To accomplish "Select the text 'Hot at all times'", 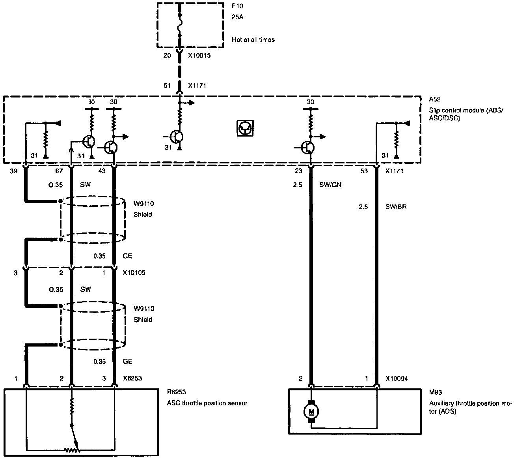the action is [253, 39].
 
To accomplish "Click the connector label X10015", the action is [199, 56].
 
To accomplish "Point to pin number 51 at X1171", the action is [168, 86].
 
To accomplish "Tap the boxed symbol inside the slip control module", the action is [245, 128].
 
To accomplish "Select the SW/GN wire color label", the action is [330, 184].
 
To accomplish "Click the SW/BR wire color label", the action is [396, 206].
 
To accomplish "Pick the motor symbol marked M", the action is [311, 412].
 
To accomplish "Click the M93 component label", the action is [436, 392].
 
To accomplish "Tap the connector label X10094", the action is [396, 379].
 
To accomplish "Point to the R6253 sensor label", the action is [176, 392].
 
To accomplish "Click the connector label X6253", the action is [132, 378].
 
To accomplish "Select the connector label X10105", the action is [134, 273].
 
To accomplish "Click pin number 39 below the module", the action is [14, 171].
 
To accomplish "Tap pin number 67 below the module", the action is [58, 171].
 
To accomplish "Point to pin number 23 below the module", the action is [298, 171].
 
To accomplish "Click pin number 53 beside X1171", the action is [364, 171].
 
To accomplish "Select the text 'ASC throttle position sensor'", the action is [207, 403].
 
